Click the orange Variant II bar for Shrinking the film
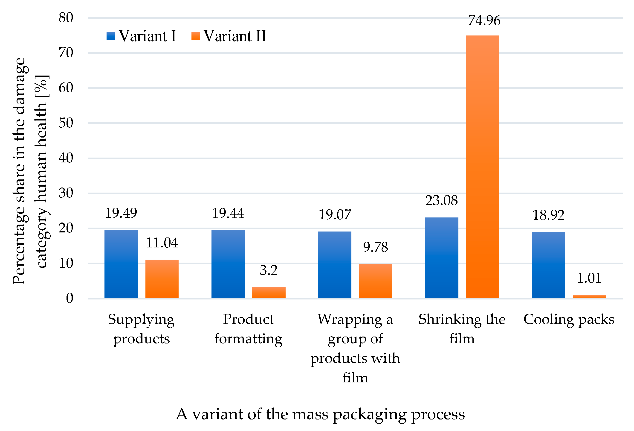[x=482, y=167]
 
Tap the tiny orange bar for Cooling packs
[x=589, y=296]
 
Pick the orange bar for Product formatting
[x=269, y=293]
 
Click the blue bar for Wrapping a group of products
[x=335, y=265]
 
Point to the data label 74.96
[x=484, y=21]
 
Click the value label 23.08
[x=441, y=201]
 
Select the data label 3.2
[x=269, y=270]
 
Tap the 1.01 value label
[x=589, y=278]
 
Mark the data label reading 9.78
[x=375, y=247]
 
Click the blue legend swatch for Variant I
[x=111, y=36]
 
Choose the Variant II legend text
[x=234, y=36]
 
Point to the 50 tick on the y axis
[x=66, y=123]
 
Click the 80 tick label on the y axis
[x=66, y=18]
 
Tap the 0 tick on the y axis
[x=69, y=298]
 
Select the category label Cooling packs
[x=569, y=319]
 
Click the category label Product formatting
[x=248, y=329]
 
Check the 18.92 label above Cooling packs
[x=548, y=215]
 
